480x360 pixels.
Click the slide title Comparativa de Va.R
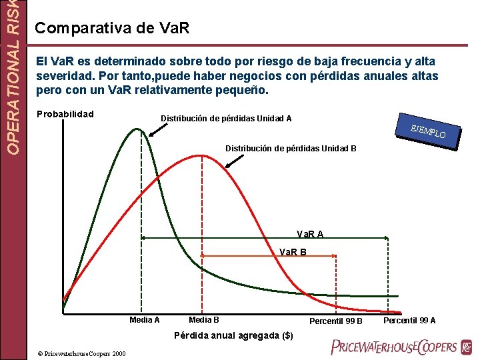(112, 28)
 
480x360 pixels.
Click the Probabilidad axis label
(65, 113)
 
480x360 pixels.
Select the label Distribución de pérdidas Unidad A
(226, 119)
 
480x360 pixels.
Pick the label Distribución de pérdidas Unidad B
(291, 147)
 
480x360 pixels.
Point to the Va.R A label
(310, 234)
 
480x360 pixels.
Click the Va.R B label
(293, 252)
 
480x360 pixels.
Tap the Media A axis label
(144, 320)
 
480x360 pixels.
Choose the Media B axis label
(204, 320)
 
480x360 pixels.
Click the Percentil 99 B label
(336, 321)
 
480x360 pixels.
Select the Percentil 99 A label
(409, 321)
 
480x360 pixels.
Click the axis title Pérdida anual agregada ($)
(233, 335)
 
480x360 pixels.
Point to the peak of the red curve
(202, 155)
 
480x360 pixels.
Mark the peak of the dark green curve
(139, 129)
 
